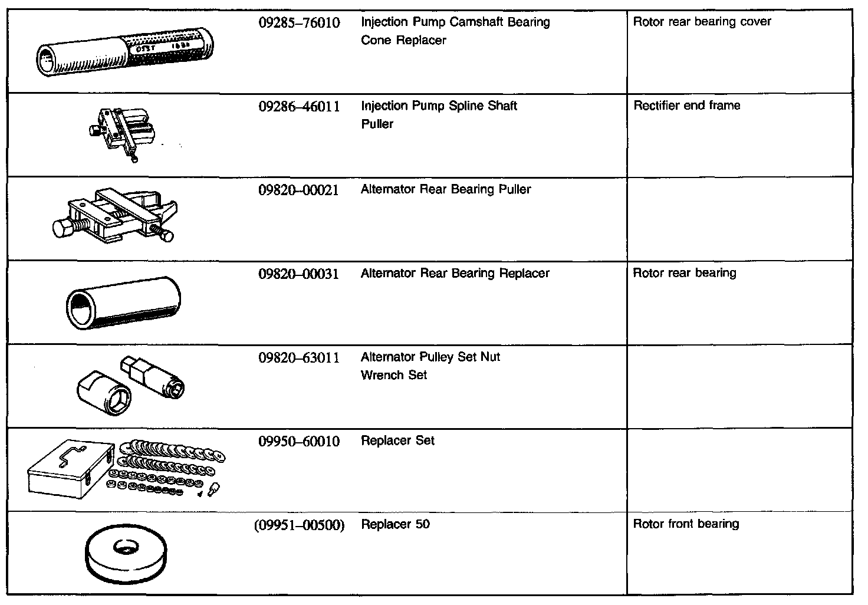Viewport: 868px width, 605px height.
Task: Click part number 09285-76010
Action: (299, 23)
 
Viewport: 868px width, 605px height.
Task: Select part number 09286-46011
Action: (299, 107)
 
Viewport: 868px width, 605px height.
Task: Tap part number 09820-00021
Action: (299, 190)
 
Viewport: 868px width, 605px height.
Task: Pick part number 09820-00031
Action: (299, 274)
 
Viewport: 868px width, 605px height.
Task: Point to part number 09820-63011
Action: (299, 357)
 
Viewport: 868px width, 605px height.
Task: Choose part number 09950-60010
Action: (299, 441)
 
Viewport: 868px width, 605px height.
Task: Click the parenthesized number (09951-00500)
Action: (299, 525)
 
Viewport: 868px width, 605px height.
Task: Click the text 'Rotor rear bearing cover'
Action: (702, 22)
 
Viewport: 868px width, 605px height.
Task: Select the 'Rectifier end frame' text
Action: (686, 106)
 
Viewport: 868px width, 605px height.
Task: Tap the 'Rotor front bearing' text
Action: (686, 524)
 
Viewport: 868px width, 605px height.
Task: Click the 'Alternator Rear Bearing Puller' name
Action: (446, 189)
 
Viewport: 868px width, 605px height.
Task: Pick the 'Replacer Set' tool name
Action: (397, 440)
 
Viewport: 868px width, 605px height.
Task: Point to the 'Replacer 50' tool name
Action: (395, 524)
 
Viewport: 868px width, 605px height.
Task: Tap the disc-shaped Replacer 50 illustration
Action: (126, 555)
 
